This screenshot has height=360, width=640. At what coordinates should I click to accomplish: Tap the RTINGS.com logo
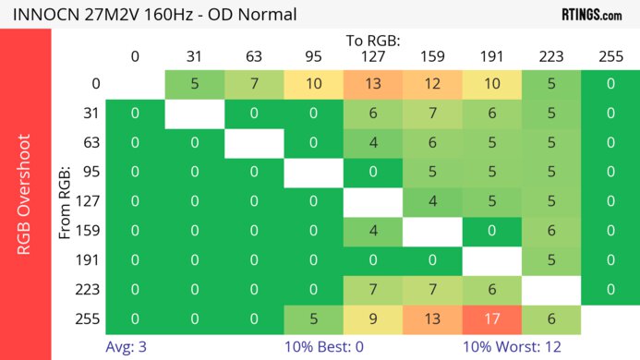(x=591, y=15)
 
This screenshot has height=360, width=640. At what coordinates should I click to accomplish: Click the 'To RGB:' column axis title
(x=372, y=42)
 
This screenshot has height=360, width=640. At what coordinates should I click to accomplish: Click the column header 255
(x=610, y=57)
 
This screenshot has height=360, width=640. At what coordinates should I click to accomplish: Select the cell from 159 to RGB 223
(x=551, y=231)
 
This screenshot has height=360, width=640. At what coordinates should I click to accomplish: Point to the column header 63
(x=253, y=57)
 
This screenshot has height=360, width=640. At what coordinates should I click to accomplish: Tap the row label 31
(x=90, y=114)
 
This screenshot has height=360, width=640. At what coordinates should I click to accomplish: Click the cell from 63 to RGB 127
(x=372, y=143)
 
